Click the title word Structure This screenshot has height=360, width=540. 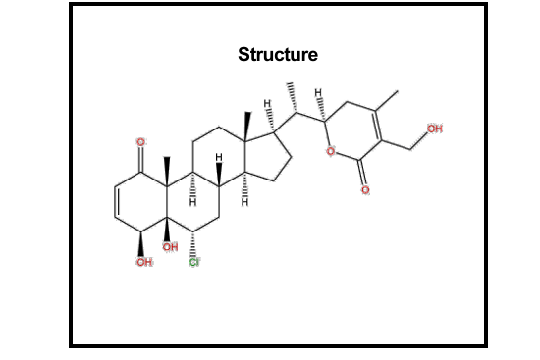278,54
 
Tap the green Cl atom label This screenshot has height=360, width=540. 194,263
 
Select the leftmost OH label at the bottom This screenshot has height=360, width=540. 143,263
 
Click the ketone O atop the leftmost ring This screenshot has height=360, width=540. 141,144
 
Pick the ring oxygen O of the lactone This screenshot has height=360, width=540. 333,151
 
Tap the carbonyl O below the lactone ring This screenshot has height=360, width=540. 364,189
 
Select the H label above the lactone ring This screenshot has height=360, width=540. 317,94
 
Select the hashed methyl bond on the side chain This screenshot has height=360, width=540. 292,99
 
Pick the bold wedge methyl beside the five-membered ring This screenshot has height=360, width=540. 246,124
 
